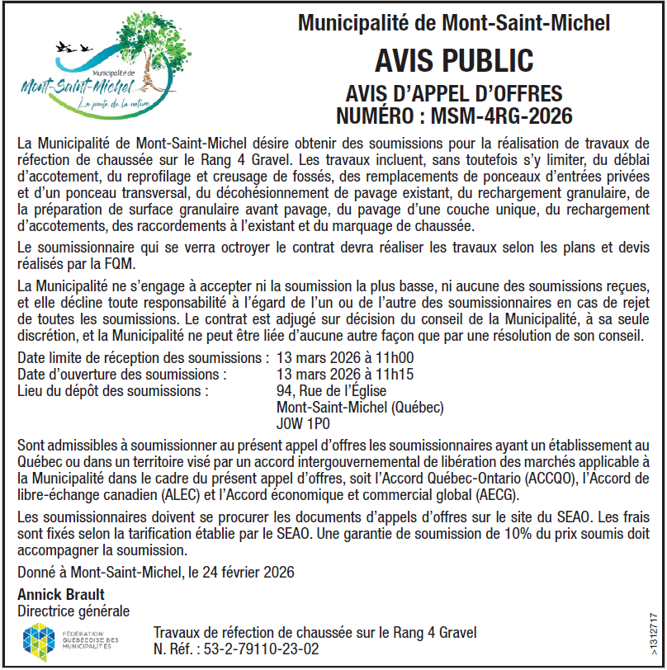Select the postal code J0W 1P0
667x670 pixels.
click(304, 424)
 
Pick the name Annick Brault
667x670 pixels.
click(61, 595)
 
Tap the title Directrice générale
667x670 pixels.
click(73, 611)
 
